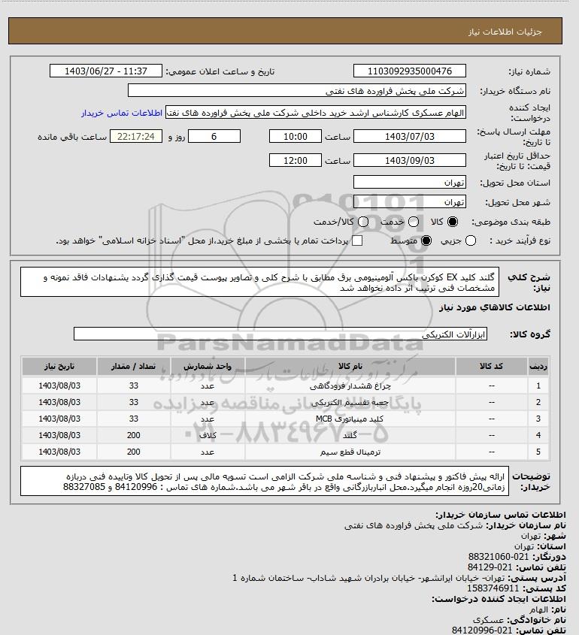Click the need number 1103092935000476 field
[410, 71]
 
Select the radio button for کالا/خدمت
[364, 222]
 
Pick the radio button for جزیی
[471, 240]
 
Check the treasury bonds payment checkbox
[358, 240]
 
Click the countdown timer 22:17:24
[136, 137]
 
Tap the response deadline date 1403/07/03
[410, 137]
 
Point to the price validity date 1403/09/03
[410, 161]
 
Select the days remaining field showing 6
[214, 137]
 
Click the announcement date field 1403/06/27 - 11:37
[105, 71]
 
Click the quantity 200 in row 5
[134, 452]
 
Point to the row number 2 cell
[538, 402]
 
